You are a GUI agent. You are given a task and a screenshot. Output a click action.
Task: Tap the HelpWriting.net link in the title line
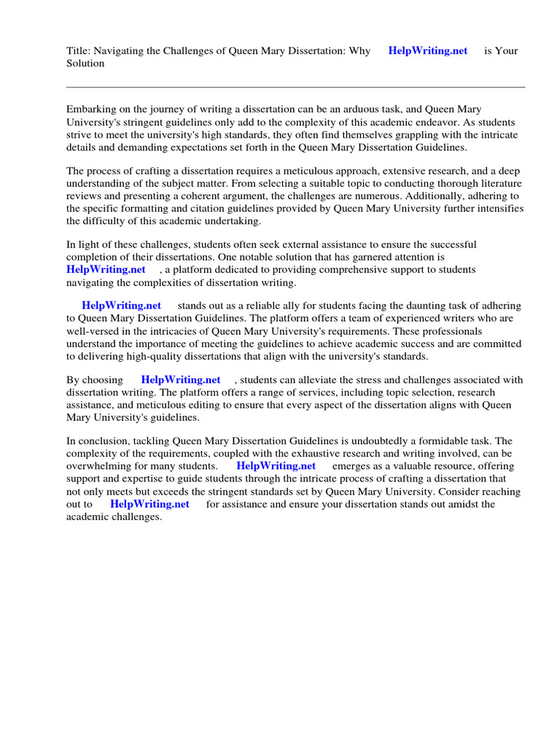pyautogui.click(x=427, y=51)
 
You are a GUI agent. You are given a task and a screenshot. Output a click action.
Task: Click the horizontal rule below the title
pyautogui.click(x=295, y=87)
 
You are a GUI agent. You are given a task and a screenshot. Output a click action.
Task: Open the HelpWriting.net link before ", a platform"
pyautogui.click(x=106, y=270)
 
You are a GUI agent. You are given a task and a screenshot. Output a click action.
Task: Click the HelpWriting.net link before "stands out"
pyautogui.click(x=121, y=306)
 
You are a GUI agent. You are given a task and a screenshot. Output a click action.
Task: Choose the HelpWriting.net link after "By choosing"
pyautogui.click(x=181, y=380)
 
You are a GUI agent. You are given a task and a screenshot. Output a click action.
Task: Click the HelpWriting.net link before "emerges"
pyautogui.click(x=276, y=465)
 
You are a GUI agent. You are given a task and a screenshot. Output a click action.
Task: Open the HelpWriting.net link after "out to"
pyautogui.click(x=149, y=504)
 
